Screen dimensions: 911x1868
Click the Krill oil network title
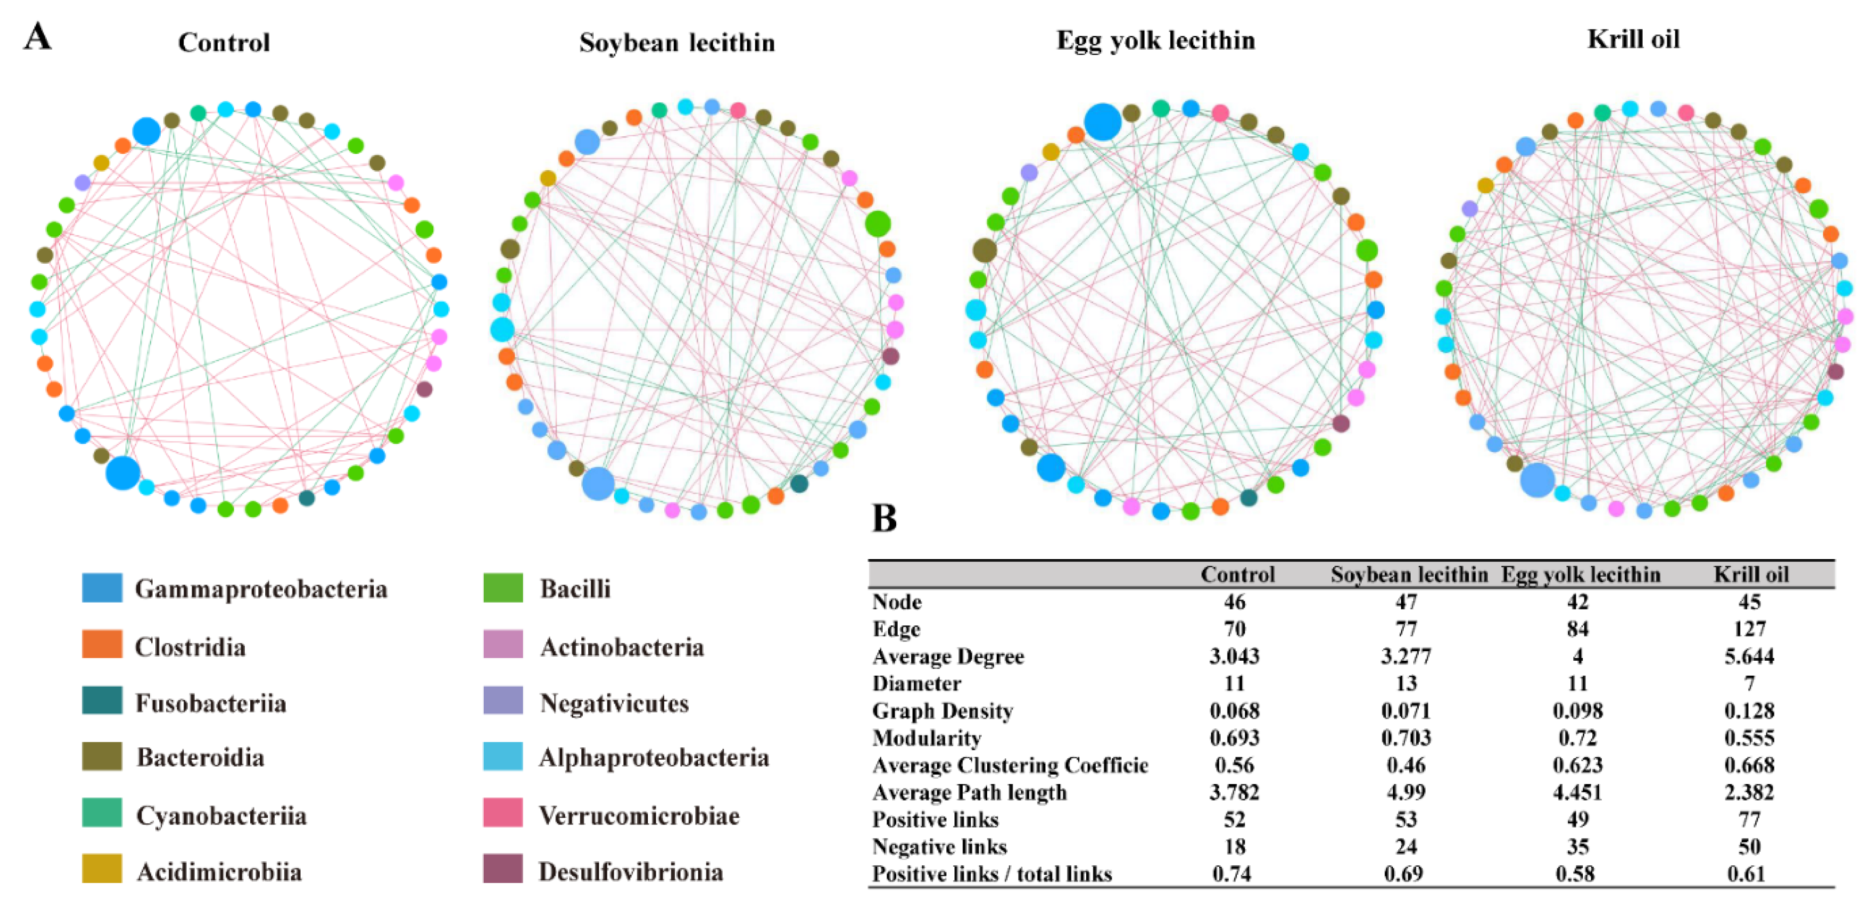pos(1633,39)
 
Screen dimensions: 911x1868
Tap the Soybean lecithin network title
pos(677,43)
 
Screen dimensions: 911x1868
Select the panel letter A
pos(38,36)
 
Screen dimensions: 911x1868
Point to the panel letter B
pos(884,518)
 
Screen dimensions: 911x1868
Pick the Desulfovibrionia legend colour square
pos(503,869)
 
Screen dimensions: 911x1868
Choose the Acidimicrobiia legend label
pos(219,872)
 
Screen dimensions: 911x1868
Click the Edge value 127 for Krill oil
pos(1749,629)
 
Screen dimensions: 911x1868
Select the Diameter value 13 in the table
pos(1405,683)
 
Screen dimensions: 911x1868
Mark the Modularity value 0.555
pos(1749,738)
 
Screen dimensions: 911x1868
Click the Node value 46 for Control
pos(1234,602)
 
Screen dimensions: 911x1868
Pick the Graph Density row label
pos(942,711)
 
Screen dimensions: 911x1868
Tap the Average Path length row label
pos(969,792)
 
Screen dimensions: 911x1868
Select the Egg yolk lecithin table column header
pos(1580,575)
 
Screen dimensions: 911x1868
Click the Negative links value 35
pos(1577,846)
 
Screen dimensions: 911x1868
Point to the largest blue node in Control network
pos(122,473)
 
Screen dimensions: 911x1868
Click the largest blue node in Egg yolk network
pos(1102,122)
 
